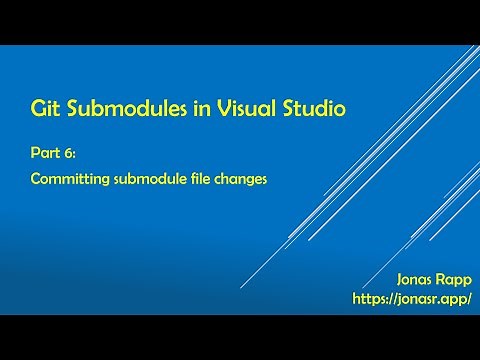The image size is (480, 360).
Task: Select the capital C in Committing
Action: point(35,181)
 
